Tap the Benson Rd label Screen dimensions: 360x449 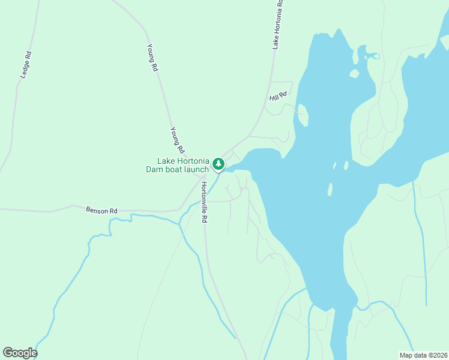pyautogui.click(x=101, y=211)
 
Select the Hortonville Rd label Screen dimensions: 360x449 pyautogui.click(x=203, y=203)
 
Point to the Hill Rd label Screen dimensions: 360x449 pyautogui.click(x=279, y=95)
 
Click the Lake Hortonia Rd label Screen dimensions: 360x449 pyautogui.click(x=277, y=25)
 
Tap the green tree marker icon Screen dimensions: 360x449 pyautogui.click(x=219, y=163)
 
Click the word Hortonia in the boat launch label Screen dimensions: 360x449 pyautogui.click(x=192, y=161)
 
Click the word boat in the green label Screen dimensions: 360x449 pyautogui.click(x=174, y=170)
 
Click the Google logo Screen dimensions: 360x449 pyautogui.click(x=20, y=353)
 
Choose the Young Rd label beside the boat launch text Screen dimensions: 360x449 pyautogui.click(x=177, y=139)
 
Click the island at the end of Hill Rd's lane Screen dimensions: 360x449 pyautogui.click(x=303, y=115)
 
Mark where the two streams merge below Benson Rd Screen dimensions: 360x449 pyautogui.click(x=179, y=224)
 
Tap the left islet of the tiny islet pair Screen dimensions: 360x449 pyautogui.click(x=334, y=166)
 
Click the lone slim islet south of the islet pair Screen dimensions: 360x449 pyautogui.click(x=330, y=190)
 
